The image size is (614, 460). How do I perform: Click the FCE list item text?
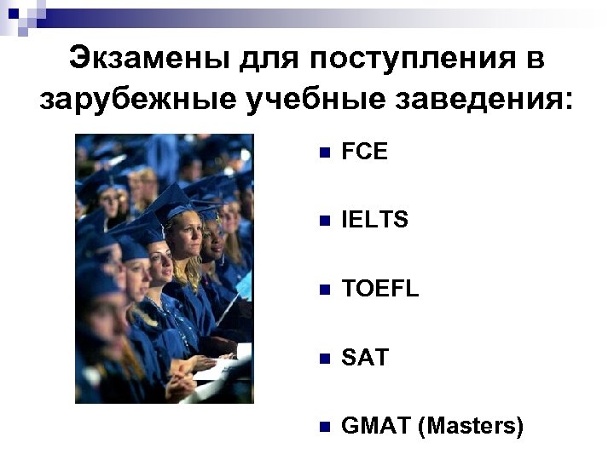click(x=364, y=152)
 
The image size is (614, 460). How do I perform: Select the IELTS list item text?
click(x=374, y=221)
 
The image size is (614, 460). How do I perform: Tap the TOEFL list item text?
click(x=380, y=290)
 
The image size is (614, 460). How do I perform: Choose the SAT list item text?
click(x=365, y=358)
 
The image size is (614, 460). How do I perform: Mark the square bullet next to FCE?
click(x=321, y=153)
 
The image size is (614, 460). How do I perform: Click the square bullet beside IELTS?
click(x=321, y=221)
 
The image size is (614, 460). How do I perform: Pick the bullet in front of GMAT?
click(x=321, y=427)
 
